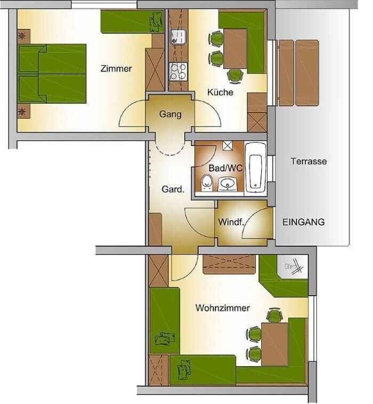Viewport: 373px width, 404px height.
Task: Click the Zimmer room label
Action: (x=116, y=68)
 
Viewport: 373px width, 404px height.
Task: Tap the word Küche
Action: (x=220, y=92)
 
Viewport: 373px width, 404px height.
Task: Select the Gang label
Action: (x=171, y=114)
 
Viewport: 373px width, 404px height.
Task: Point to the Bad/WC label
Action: (x=225, y=168)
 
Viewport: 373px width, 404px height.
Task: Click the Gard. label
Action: (x=173, y=189)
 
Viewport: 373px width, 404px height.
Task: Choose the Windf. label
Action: (x=231, y=222)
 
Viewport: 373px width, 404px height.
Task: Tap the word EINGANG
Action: (x=304, y=222)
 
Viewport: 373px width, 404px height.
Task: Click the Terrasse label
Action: (x=309, y=161)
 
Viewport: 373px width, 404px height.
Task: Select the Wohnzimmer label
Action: (x=223, y=308)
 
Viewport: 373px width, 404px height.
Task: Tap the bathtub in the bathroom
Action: (x=255, y=168)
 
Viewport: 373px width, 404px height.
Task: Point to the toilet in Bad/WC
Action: (x=206, y=183)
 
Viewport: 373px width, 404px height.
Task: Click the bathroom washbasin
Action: (x=228, y=184)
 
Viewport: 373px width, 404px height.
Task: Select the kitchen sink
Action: (x=178, y=37)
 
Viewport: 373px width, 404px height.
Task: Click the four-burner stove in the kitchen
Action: (x=178, y=72)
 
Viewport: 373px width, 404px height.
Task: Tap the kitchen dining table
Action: (x=235, y=49)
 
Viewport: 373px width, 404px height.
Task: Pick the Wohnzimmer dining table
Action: (x=274, y=344)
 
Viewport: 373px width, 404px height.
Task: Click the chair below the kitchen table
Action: (x=235, y=76)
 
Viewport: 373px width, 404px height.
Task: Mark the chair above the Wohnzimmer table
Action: (x=274, y=315)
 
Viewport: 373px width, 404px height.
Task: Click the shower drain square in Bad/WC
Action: (x=228, y=145)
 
